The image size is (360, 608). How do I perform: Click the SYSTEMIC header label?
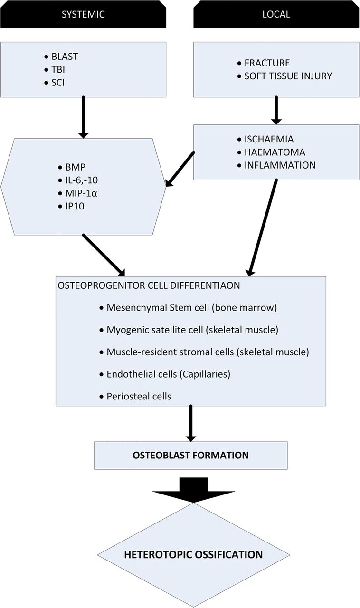click(83, 14)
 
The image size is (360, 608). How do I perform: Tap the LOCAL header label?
click(276, 14)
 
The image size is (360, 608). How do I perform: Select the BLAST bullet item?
click(65, 57)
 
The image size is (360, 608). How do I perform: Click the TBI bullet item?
click(58, 69)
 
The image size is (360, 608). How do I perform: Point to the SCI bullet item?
click(58, 83)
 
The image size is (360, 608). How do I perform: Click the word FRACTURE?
click(267, 63)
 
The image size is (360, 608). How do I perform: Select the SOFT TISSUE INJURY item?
click(288, 76)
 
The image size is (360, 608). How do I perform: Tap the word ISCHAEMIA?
click(269, 139)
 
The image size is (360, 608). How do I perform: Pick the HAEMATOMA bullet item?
click(275, 152)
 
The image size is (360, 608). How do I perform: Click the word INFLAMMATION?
click(280, 165)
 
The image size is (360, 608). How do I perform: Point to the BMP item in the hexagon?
click(76, 167)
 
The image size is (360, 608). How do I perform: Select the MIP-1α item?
click(81, 193)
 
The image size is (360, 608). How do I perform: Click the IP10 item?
click(75, 206)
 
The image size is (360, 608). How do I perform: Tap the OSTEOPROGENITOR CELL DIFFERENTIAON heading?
click(149, 285)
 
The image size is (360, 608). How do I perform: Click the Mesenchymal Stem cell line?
click(192, 307)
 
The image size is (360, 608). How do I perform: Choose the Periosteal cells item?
click(139, 396)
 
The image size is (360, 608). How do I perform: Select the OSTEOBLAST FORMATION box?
click(190, 455)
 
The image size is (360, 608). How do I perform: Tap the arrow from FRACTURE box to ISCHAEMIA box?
click(276, 110)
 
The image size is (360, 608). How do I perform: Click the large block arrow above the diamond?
click(194, 490)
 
